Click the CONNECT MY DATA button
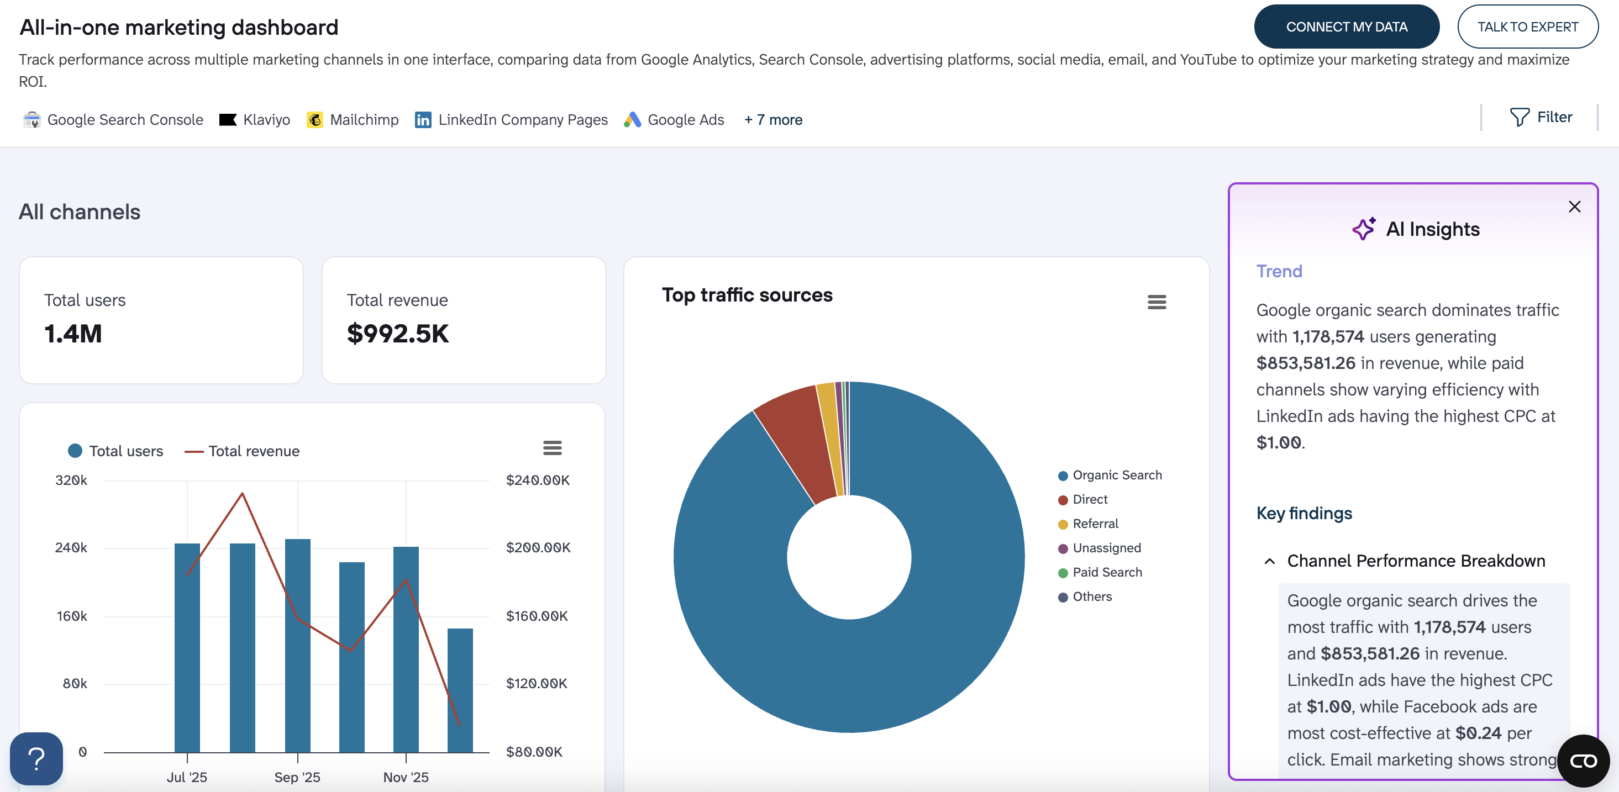pos(1346,27)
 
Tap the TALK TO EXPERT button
pos(1527,27)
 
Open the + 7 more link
pos(773,120)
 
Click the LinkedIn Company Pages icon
pos(423,120)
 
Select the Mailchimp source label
pos(364,120)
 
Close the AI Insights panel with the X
pos(1574,207)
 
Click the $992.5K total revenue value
pos(398,334)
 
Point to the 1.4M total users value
pos(73,334)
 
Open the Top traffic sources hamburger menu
pos(1157,302)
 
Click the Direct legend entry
pos(1089,499)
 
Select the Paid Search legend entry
pos(1106,572)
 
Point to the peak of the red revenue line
pos(243,494)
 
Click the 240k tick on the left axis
pos(71,548)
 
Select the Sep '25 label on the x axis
pos(297,777)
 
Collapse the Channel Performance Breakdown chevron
pos(1270,561)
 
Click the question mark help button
pos(36,759)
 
